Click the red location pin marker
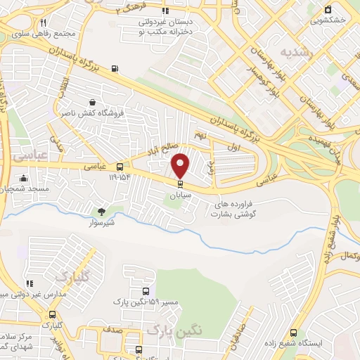[181, 165]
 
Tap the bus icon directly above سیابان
[181, 184]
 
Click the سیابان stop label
[181, 195]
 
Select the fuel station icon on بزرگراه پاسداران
[115, 69]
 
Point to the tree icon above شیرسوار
[101, 210]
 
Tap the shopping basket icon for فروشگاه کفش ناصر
[91, 102]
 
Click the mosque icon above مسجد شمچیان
[25, 178]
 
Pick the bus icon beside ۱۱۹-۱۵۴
[120, 167]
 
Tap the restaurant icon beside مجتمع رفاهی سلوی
[44, 23]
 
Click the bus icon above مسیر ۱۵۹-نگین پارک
[146, 291]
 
